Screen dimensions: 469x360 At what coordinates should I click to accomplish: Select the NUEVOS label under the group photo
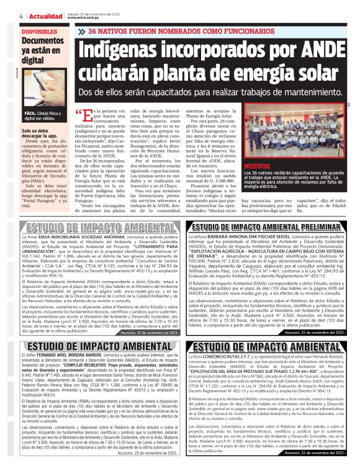[x=257, y=167]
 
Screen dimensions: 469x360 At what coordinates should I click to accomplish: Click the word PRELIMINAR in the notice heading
[x=311, y=227]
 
